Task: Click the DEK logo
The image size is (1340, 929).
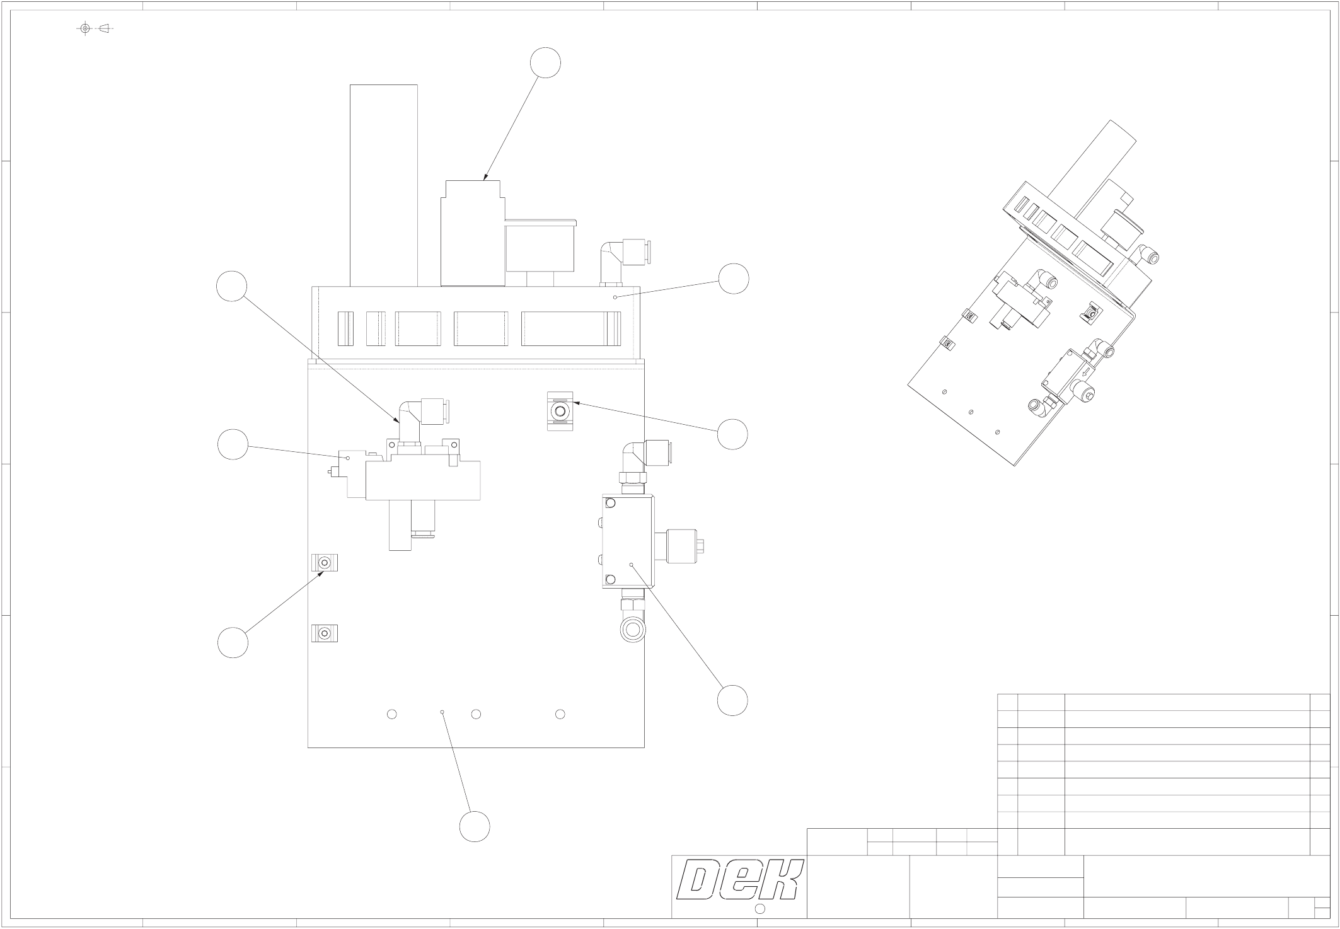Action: pyautogui.click(x=739, y=880)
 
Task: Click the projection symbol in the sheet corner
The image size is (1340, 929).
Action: pyautogui.click(x=95, y=28)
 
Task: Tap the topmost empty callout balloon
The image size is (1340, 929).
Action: pyautogui.click(x=545, y=63)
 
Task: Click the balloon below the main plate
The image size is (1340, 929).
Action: pyautogui.click(x=475, y=826)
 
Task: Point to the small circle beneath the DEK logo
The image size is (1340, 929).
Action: pyautogui.click(x=760, y=908)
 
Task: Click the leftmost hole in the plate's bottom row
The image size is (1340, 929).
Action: pyautogui.click(x=391, y=714)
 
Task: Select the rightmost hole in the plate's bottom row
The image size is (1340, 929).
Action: pyautogui.click(x=560, y=714)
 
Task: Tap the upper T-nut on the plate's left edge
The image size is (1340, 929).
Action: pyautogui.click(x=325, y=563)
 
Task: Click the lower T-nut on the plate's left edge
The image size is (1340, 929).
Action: pyautogui.click(x=325, y=633)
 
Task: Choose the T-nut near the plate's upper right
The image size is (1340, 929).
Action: pyautogui.click(x=560, y=411)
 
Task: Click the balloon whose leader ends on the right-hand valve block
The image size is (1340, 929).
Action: pyautogui.click(x=732, y=700)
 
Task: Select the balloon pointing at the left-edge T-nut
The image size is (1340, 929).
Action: pyautogui.click(x=233, y=643)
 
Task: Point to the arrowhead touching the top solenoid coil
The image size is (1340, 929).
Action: pyautogui.click(x=485, y=178)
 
